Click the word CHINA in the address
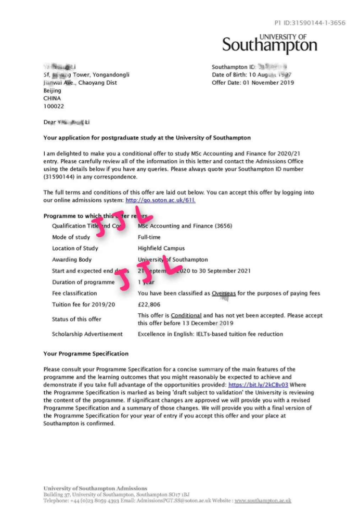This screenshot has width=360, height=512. coord(52,98)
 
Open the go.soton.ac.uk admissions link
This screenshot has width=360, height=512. coord(160,200)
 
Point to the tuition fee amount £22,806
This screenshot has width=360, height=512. coord(149,304)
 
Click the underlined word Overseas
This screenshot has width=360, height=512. coord(224,293)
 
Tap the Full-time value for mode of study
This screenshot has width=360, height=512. coord(149,237)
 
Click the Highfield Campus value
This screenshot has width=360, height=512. coord(161,248)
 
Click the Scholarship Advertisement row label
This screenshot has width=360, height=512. coord(87,334)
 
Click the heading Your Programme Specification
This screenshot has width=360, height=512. coord(86,354)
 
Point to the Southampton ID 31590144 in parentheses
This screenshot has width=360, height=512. coord(60,177)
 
